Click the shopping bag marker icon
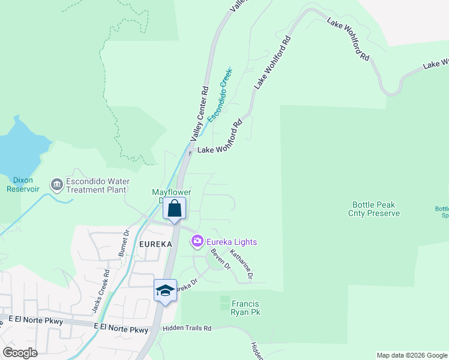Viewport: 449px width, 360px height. coord(175,209)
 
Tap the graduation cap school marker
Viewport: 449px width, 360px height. coord(165,290)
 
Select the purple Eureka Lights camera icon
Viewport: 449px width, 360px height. coord(197,242)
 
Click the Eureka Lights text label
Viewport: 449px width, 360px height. coord(232,242)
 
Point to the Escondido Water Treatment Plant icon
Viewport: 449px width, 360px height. coord(57,185)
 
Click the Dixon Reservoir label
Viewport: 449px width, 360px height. coord(23,184)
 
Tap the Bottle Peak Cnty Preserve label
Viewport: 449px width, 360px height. coord(374,209)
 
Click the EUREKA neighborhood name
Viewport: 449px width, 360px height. coord(155,244)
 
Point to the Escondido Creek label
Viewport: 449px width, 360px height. coord(220,95)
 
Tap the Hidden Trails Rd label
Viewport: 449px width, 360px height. coord(187,329)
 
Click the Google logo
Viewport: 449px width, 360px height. coord(20,353)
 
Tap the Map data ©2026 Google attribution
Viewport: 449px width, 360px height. coord(411,355)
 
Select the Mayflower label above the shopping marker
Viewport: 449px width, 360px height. coord(171,193)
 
